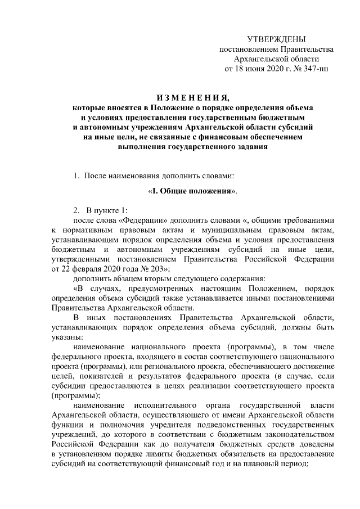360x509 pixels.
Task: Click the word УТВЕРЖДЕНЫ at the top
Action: (277, 39)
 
